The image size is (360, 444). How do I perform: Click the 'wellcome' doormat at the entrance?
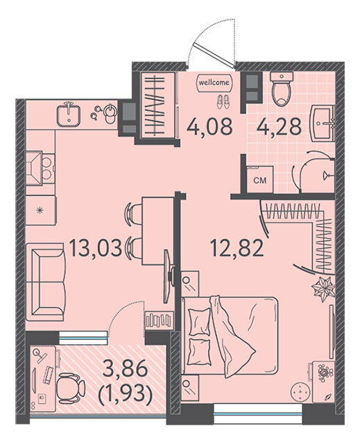214,83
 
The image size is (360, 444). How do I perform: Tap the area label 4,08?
209,126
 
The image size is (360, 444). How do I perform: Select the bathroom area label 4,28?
279,126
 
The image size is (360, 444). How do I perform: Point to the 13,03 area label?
96,248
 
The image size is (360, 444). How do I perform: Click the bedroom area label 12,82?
237,248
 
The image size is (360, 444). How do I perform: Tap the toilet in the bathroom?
281,88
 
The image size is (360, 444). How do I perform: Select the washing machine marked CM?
260,180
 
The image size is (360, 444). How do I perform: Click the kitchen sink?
69,114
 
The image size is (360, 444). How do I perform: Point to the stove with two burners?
40,169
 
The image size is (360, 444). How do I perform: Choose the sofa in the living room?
46,282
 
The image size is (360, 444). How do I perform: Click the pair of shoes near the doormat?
223,101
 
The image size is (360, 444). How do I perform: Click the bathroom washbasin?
323,123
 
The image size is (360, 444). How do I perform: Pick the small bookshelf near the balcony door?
159,320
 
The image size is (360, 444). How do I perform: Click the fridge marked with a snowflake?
41,210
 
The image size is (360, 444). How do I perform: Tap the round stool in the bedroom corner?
300,392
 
